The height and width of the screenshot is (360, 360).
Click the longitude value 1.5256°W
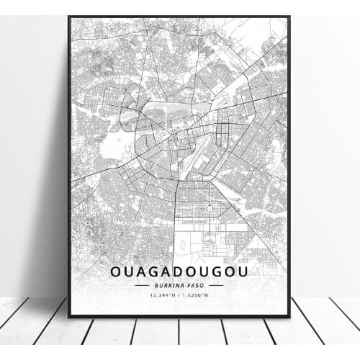pos(197,295)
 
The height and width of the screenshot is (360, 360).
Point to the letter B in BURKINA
pos(153,286)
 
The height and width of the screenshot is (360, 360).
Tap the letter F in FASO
pos(190,286)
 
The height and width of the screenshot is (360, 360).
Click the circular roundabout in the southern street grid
pos(208,208)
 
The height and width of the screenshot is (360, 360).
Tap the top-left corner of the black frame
pos(69,16)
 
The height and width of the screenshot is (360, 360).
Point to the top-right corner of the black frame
pos(289,16)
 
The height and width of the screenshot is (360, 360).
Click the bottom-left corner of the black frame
pos(69,316)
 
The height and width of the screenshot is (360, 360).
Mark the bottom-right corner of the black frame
pos(289,316)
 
